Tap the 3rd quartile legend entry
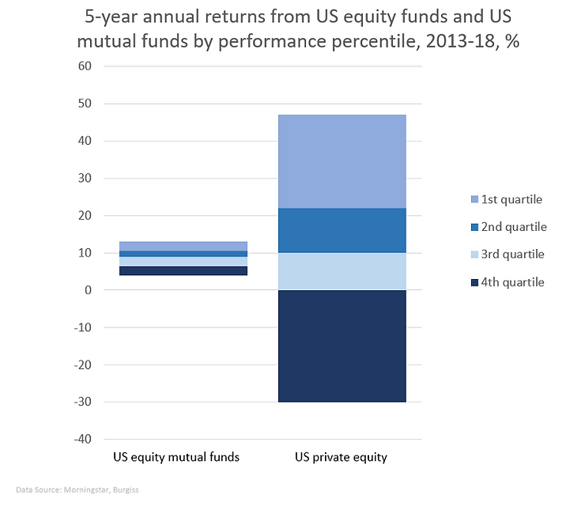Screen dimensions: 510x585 tap(506, 255)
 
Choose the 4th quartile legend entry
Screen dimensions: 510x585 tap(506, 282)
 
